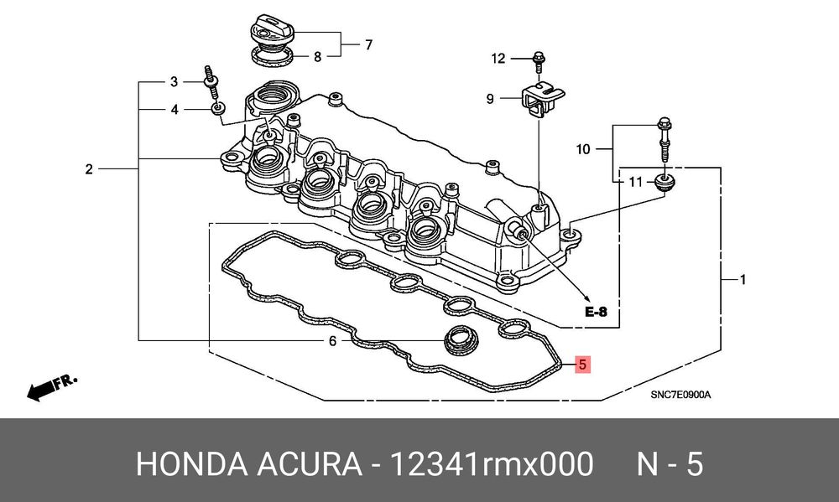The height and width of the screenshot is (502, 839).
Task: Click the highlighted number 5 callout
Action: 582,365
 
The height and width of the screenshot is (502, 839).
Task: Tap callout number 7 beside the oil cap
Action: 368,45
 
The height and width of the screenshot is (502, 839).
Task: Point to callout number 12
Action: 498,58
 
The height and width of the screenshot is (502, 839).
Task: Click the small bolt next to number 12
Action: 539,61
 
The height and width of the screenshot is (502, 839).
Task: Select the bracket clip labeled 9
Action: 541,100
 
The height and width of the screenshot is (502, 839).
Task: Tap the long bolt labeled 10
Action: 664,139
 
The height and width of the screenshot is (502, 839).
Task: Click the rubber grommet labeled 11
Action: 664,184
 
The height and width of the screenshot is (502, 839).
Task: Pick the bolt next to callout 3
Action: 211,82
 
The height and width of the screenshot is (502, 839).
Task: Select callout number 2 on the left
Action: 89,169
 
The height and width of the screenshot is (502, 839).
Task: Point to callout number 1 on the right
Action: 743,279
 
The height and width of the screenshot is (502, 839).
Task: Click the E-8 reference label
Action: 596,311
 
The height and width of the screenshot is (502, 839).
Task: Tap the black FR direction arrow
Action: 51,387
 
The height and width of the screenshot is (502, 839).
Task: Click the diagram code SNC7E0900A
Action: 680,395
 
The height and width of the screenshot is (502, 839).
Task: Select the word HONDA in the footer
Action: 191,464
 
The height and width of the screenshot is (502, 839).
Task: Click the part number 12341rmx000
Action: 492,464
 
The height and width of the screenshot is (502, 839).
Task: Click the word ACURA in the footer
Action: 310,464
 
